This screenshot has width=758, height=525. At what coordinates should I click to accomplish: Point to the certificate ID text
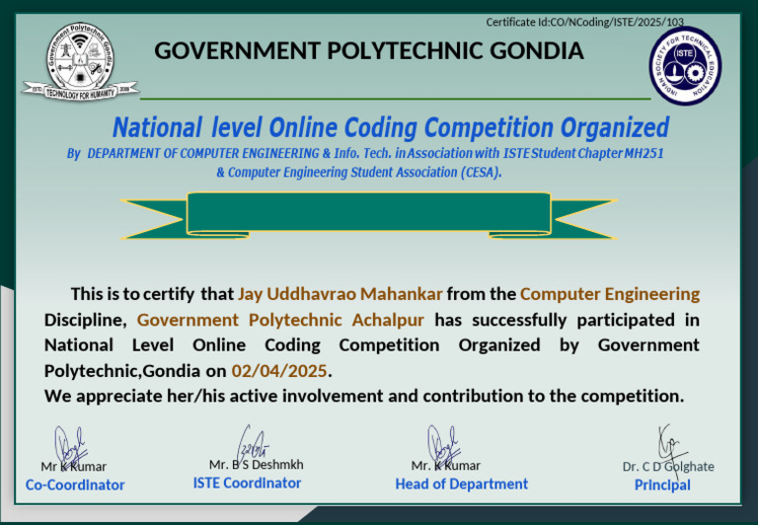click(x=584, y=22)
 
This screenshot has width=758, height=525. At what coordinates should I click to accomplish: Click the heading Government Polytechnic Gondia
click(x=369, y=50)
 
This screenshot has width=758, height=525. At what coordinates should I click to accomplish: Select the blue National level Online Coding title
click(x=390, y=127)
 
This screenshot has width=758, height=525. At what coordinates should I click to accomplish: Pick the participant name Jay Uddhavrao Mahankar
click(x=341, y=294)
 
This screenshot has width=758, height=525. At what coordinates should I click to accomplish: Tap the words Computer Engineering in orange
click(x=610, y=294)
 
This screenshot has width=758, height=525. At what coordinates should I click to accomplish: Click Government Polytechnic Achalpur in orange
click(x=280, y=320)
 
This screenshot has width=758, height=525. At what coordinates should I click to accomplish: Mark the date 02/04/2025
click(x=278, y=371)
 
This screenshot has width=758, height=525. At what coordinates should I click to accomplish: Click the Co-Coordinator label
click(x=75, y=485)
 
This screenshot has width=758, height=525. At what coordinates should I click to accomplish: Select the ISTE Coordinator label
click(x=247, y=483)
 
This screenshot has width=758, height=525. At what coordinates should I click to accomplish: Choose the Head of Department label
click(x=461, y=484)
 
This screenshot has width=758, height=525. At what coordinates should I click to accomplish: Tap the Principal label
click(x=662, y=485)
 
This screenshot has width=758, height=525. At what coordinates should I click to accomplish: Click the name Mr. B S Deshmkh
click(x=256, y=465)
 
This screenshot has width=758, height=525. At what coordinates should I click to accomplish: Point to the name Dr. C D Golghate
click(x=668, y=467)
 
